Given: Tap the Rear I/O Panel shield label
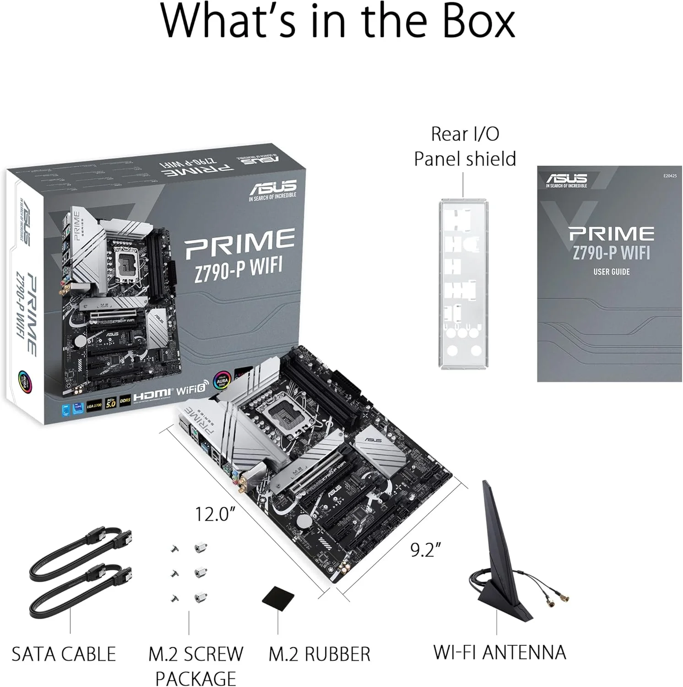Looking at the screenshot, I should [x=465, y=147].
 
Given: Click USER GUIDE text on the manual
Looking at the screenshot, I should [x=611, y=272].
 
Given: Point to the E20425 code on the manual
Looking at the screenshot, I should [x=669, y=176].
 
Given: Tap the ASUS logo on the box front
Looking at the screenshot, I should [x=273, y=188].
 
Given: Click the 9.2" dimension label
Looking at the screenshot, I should [x=425, y=550].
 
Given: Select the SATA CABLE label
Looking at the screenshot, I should [x=64, y=654].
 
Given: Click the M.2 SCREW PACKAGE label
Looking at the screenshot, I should [x=195, y=665].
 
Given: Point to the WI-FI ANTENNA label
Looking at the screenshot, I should [x=499, y=652].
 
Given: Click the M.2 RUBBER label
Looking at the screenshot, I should [x=319, y=654].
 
